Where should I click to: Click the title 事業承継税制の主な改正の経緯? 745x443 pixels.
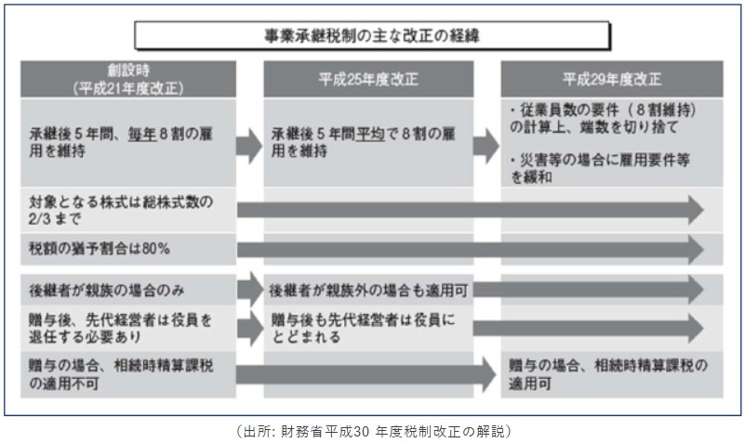[372, 36]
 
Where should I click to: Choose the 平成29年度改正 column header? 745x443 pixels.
[611, 80]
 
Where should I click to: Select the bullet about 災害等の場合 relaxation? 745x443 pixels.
[605, 167]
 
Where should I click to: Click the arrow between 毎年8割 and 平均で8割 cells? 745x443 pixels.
[248, 144]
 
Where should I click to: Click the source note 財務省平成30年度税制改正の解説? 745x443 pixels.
[372, 431]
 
